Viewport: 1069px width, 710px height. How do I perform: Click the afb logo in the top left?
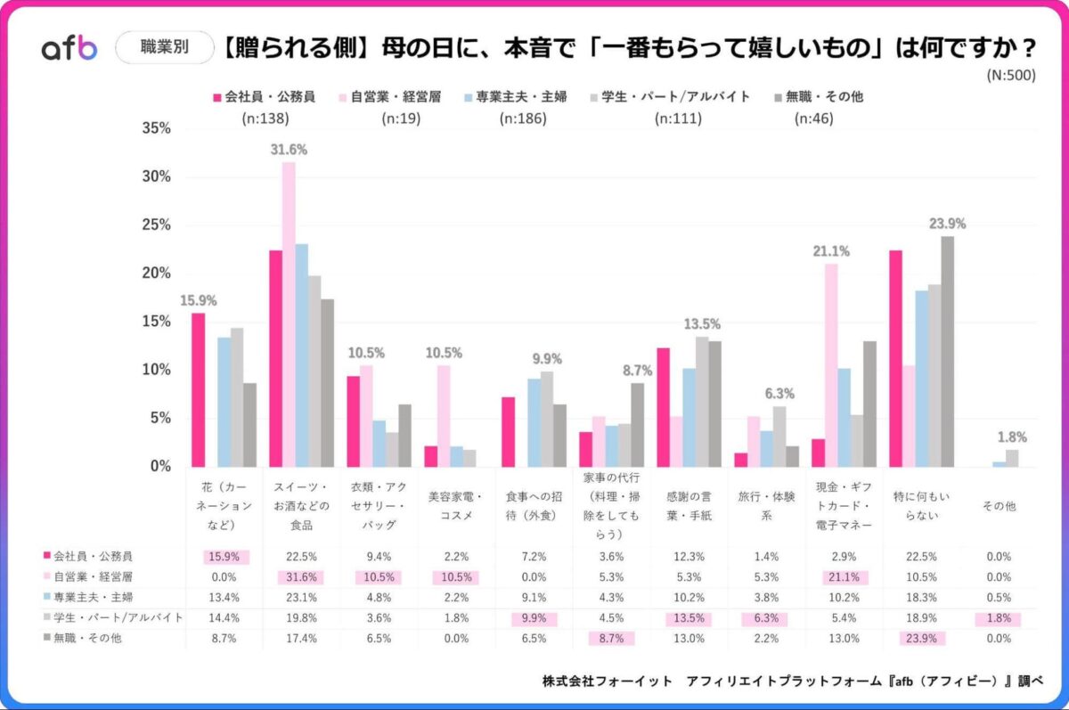(x=69, y=49)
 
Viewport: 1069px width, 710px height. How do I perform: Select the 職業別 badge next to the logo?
(x=165, y=48)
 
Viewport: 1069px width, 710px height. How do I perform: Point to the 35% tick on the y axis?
(x=156, y=128)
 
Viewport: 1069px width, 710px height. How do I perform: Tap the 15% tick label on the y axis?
(x=156, y=322)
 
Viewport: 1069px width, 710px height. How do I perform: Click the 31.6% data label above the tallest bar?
(x=289, y=150)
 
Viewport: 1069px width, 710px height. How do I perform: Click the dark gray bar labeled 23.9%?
(x=947, y=351)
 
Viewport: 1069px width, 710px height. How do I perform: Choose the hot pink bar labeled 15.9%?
(x=198, y=389)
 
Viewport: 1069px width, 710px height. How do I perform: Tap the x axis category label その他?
(x=1000, y=505)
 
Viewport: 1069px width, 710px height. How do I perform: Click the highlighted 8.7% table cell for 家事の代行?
(x=610, y=639)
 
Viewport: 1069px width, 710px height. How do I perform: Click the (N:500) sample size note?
(x=1010, y=76)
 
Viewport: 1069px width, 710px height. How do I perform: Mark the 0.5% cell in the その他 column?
(x=999, y=597)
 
